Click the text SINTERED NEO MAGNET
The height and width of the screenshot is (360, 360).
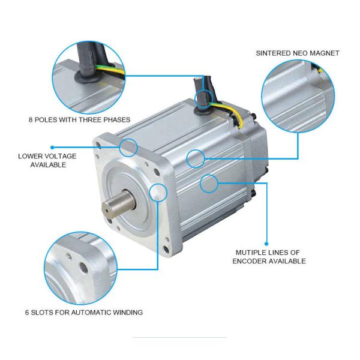(x=298, y=53)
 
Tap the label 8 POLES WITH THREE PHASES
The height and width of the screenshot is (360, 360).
(x=79, y=119)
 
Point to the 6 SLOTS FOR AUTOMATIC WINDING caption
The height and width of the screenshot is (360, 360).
(x=84, y=313)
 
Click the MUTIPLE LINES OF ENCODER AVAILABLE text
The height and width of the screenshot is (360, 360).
(x=269, y=257)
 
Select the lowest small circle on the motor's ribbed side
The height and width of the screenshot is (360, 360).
(x=209, y=183)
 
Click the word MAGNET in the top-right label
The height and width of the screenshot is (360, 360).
(x=326, y=53)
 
